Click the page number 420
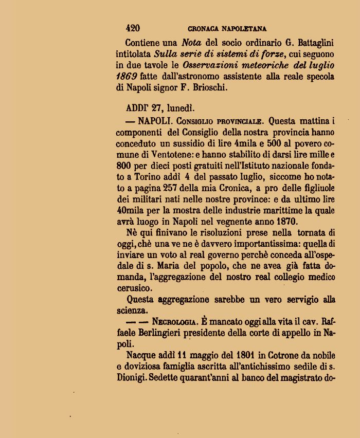tap(133, 28)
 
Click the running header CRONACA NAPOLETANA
tap(227, 29)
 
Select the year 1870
tap(285, 222)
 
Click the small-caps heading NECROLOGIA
tap(174, 322)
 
